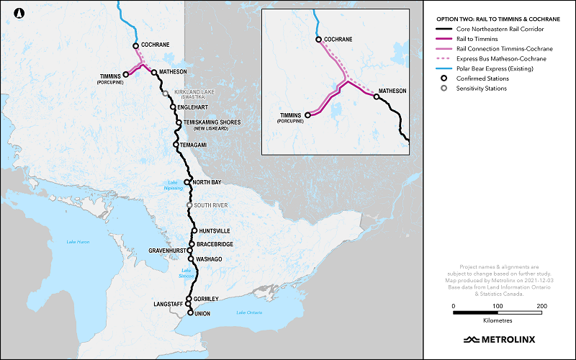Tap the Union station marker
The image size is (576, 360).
[x=190, y=313]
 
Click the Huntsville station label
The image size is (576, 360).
[x=214, y=231]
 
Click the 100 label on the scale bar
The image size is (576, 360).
[x=498, y=306]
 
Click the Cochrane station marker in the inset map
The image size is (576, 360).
[x=318, y=40]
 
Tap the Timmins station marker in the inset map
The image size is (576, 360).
[x=308, y=114]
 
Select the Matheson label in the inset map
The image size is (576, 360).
[x=392, y=91]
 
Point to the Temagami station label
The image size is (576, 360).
[x=194, y=145]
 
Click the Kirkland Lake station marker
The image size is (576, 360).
[x=166, y=93]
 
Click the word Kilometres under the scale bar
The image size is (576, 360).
[x=498, y=318]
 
